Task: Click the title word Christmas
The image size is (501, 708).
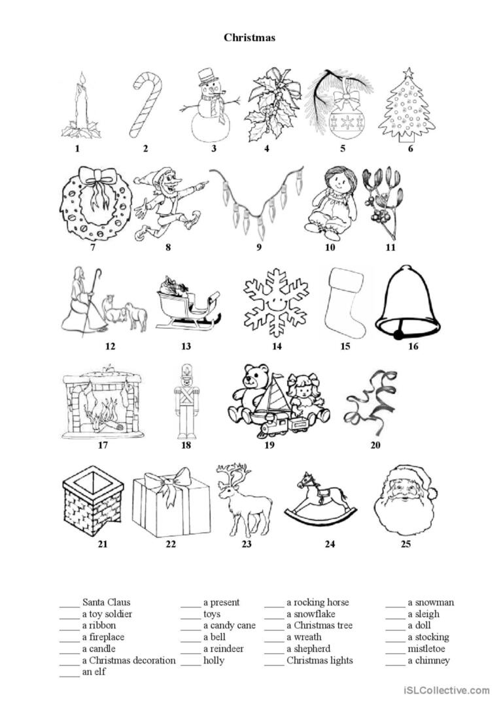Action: (249, 37)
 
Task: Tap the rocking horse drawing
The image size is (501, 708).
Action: (320, 500)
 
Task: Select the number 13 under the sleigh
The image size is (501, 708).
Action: (186, 347)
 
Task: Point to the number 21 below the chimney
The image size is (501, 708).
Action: (84, 544)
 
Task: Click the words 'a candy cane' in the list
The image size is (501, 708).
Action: (229, 626)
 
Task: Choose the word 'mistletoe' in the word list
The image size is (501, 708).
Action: (426, 649)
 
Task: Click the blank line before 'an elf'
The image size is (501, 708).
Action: (69, 673)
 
